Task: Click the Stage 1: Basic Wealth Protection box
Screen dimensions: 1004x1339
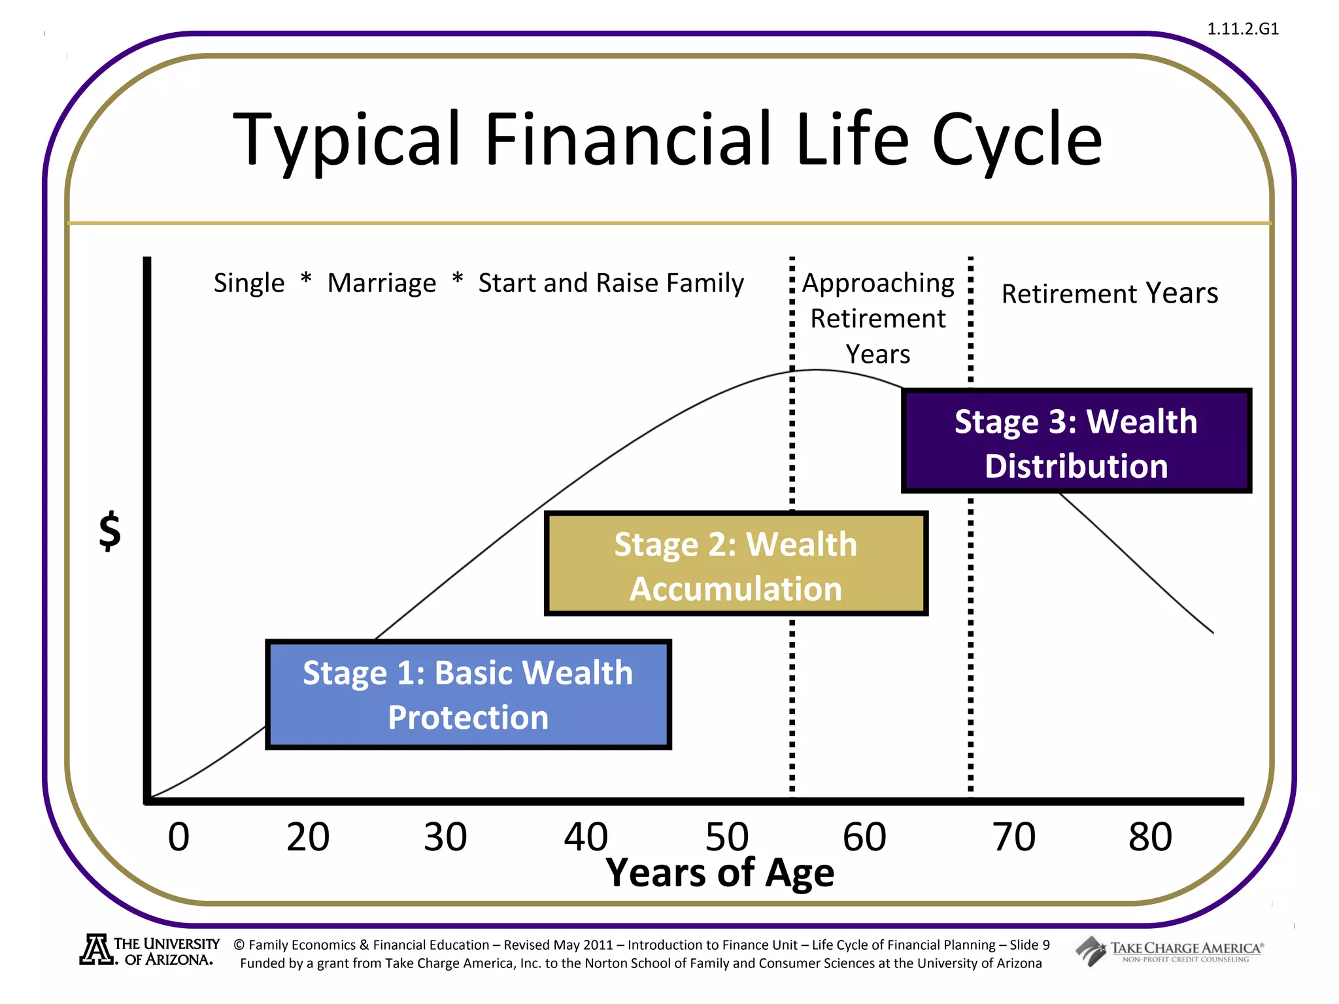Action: point(468,694)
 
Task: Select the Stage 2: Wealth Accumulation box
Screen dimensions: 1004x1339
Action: point(736,564)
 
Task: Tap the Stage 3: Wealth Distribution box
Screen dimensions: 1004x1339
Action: point(1076,441)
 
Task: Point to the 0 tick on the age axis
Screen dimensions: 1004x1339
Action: point(178,837)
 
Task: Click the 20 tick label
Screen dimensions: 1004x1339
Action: point(308,837)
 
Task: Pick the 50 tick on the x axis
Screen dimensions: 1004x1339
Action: point(726,837)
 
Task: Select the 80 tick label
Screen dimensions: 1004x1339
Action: point(1150,837)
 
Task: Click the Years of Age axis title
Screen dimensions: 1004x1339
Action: point(720,873)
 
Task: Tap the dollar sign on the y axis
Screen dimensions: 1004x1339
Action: point(110,531)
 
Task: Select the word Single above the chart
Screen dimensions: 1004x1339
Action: point(249,284)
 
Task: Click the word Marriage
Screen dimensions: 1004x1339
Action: point(382,284)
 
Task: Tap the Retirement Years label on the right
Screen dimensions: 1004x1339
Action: point(1110,293)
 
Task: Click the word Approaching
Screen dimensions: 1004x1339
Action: point(878,284)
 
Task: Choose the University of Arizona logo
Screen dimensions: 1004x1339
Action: point(150,951)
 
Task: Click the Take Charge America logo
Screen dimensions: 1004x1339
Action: point(1170,951)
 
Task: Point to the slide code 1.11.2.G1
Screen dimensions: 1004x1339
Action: point(1242,29)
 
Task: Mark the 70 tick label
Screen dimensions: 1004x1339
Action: point(1014,837)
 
